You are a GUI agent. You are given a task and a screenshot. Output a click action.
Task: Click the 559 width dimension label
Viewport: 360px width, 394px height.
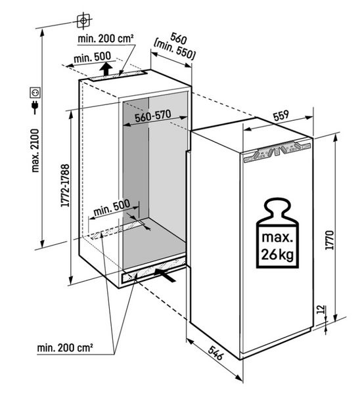281,116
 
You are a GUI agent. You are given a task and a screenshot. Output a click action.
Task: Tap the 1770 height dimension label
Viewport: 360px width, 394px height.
329,240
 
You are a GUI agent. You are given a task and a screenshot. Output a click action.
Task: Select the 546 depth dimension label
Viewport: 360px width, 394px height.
215,353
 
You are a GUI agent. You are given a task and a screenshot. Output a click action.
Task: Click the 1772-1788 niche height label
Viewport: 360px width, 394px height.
65,185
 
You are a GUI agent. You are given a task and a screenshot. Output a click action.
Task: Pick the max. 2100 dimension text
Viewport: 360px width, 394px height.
35,150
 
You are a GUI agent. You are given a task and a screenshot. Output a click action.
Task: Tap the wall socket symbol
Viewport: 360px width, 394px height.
35,93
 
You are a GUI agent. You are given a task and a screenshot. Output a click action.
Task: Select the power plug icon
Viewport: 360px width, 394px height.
35,108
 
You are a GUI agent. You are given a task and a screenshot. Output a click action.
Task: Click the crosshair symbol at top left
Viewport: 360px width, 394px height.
83,21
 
